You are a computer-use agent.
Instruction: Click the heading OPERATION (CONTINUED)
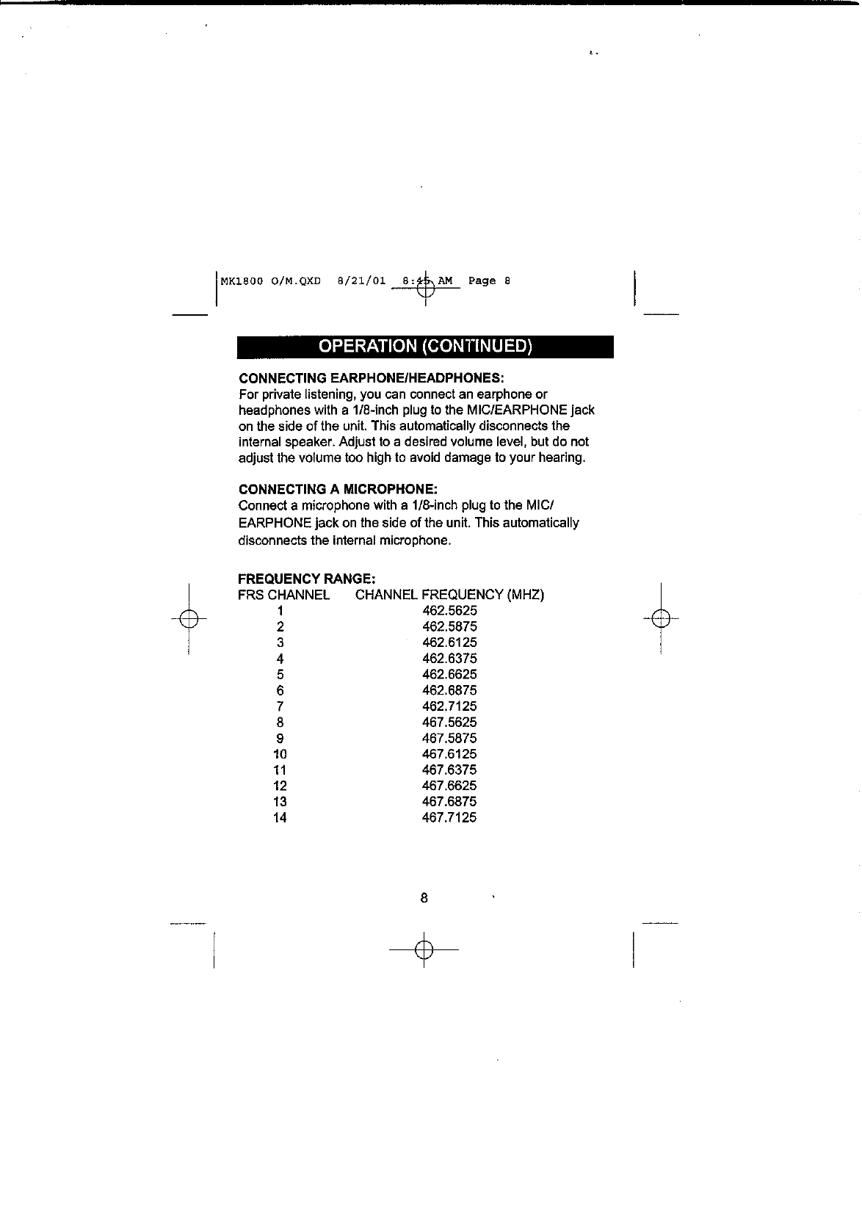424,347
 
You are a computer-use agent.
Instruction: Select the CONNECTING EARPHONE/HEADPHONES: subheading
371,378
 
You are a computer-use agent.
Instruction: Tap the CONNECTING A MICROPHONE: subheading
338,489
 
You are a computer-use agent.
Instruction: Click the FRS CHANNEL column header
283,595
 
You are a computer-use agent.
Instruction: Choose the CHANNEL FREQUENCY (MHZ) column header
449,595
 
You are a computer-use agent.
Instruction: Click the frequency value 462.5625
449,611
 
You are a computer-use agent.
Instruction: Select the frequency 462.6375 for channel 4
449,659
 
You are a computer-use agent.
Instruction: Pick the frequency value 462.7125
449,706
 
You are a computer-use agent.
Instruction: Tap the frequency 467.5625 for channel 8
449,723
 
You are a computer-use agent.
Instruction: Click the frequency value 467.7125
449,818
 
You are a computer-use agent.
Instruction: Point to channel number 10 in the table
280,754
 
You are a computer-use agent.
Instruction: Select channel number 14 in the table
280,818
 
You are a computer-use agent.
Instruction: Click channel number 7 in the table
280,706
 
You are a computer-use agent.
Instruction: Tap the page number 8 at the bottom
424,898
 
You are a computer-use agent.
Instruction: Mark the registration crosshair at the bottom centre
424,950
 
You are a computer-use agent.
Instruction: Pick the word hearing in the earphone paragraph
563,458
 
